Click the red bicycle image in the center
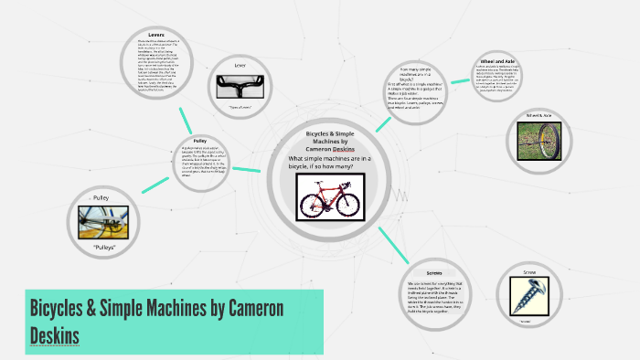coord(336,196)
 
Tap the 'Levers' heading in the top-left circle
coord(157,33)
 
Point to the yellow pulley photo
coord(102,223)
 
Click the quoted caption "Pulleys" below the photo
coord(102,248)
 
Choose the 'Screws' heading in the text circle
coord(434,273)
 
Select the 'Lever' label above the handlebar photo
coord(240,65)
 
